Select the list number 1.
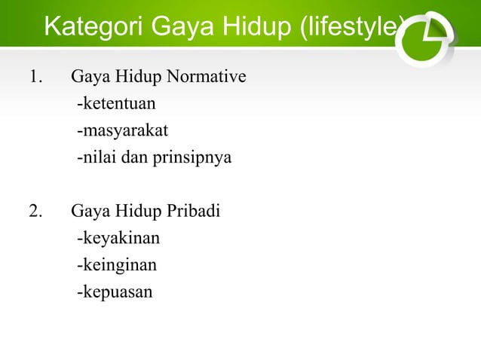tap(35, 77)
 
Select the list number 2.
tap(35, 212)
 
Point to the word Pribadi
tap(194, 212)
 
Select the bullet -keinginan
tap(117, 265)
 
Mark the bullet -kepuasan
tap(114, 292)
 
